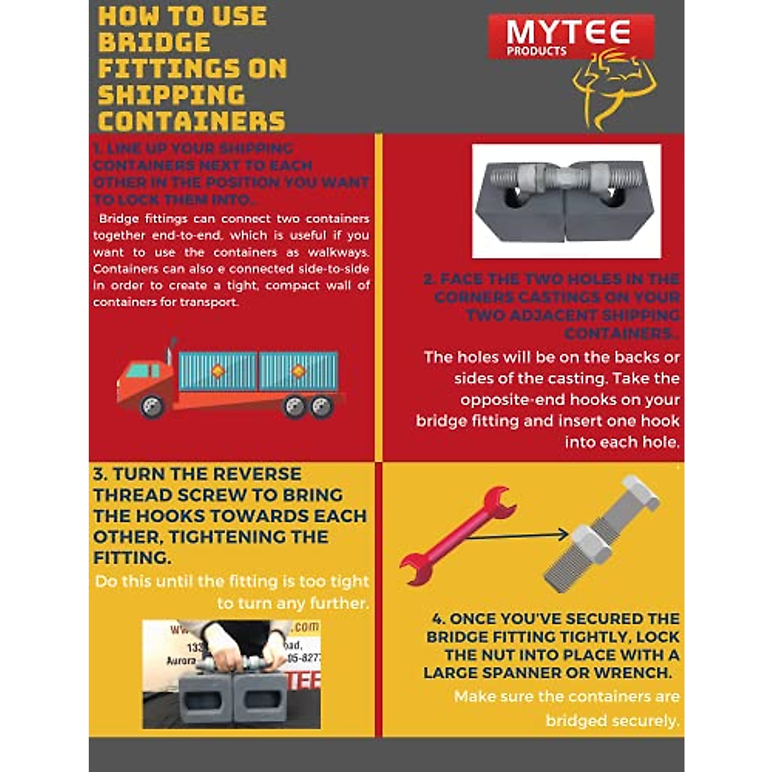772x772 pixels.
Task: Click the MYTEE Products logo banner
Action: tap(570, 37)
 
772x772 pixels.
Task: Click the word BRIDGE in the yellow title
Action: tap(154, 42)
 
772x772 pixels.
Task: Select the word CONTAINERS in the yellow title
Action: tap(192, 122)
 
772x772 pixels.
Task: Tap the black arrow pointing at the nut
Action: tap(515, 535)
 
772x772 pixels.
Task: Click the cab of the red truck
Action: tap(145, 380)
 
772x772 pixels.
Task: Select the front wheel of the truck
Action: tap(152, 406)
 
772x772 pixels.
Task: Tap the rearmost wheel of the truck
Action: tap(321, 406)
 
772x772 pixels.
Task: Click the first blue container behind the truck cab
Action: tap(217, 371)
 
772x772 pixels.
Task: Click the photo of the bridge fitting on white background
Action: tap(566, 201)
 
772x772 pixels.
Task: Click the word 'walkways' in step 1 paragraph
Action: tap(337, 252)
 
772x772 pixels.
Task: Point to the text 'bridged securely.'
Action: tap(612, 721)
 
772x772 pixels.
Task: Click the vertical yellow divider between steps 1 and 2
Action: tap(378, 296)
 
